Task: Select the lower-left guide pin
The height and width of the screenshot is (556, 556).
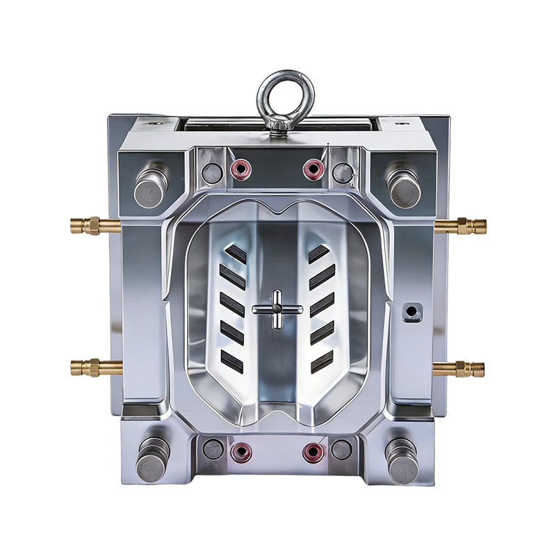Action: point(152,459)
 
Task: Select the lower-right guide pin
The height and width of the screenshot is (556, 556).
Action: point(403,459)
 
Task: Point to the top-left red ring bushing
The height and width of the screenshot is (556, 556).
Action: point(241,167)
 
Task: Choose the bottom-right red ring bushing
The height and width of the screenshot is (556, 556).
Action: point(313,452)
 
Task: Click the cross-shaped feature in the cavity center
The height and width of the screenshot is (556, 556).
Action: point(276,309)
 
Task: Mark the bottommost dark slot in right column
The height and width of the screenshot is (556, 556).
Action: point(321,360)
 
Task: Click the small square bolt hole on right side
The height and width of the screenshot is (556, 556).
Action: point(411,311)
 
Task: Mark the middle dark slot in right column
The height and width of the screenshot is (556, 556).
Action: point(322,303)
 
